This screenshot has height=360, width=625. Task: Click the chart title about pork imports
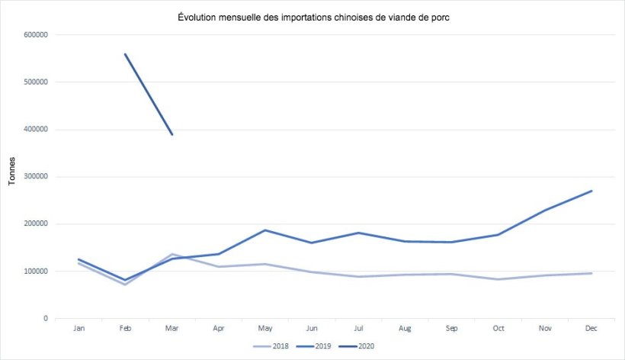(312, 18)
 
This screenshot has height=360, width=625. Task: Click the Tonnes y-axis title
(11, 172)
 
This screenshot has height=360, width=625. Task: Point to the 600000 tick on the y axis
(37, 35)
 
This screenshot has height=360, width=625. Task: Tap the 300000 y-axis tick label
(37, 177)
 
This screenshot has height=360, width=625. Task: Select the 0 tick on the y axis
(46, 319)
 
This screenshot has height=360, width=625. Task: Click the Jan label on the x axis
(79, 329)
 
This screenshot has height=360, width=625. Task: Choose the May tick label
(265, 329)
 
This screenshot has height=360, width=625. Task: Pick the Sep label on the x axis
(452, 329)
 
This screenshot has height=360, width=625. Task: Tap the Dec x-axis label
(591, 329)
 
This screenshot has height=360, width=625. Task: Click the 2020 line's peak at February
(125, 54)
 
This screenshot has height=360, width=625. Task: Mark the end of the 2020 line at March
(172, 134)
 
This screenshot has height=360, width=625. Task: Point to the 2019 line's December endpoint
(591, 191)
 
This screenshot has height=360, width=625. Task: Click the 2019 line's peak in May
(265, 230)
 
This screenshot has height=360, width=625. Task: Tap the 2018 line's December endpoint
(591, 273)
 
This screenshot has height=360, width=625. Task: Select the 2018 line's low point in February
(125, 284)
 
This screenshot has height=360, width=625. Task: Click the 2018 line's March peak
(172, 254)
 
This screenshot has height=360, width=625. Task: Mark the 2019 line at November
(545, 210)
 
